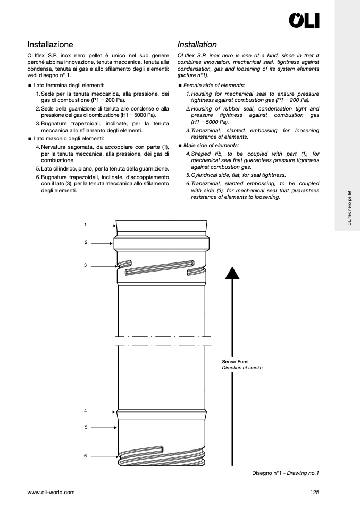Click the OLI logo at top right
click(x=304, y=20)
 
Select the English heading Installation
click(x=197, y=45)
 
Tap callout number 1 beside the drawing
click(x=85, y=225)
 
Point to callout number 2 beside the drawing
click(x=86, y=242)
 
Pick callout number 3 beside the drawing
click(x=85, y=264)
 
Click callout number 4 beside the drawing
click(x=85, y=411)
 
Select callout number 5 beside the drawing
click(x=86, y=427)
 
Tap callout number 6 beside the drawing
click(x=85, y=455)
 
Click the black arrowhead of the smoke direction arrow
click(x=232, y=273)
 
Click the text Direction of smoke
click(x=242, y=368)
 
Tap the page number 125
click(x=314, y=492)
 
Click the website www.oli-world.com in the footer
click(x=51, y=492)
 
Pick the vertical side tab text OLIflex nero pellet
click(x=349, y=209)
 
